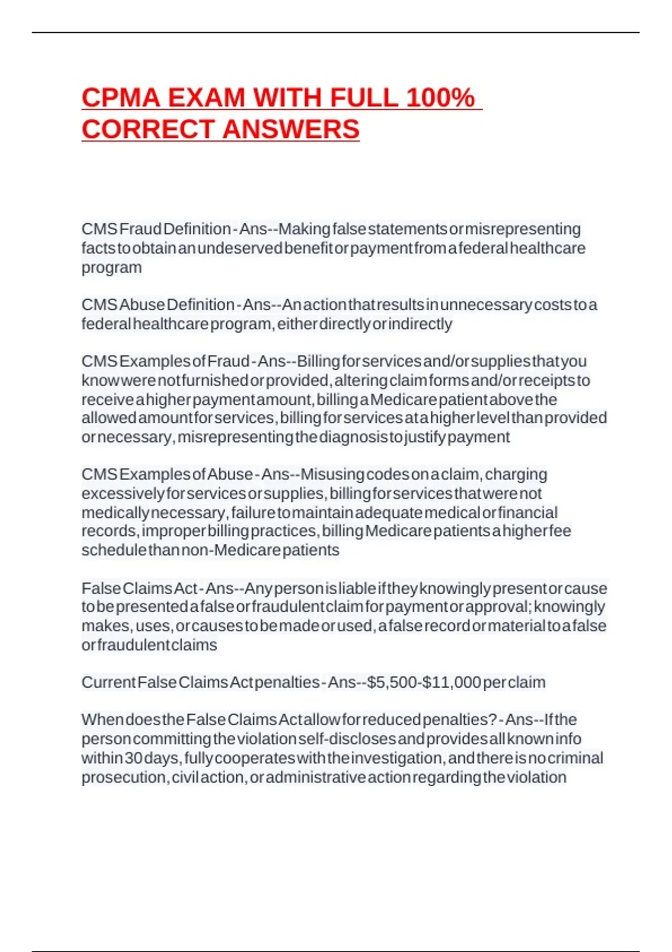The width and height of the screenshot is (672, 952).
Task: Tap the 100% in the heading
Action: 440,98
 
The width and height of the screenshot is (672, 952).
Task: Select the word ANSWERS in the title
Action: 291,129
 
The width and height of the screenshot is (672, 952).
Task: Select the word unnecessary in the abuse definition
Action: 486,305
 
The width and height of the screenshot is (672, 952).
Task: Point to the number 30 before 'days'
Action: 134,758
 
